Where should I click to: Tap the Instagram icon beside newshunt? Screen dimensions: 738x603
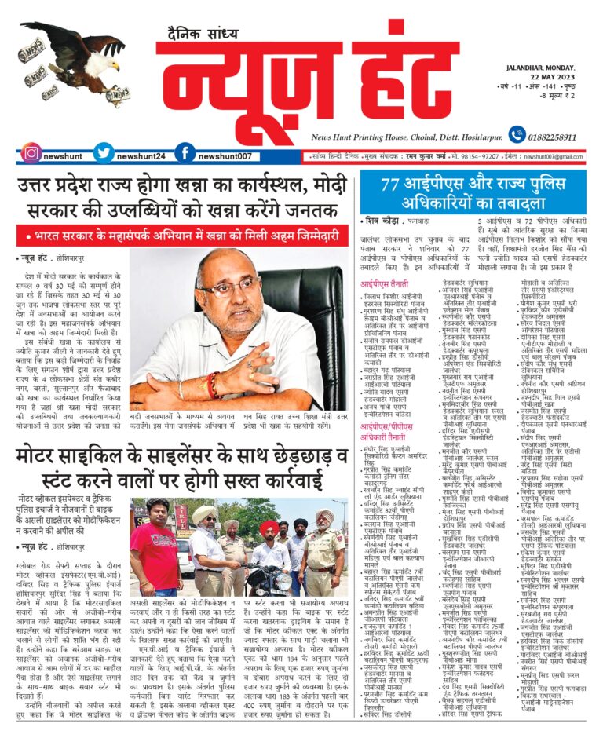pos(31,154)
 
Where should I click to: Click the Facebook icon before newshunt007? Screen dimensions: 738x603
pos(185,154)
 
